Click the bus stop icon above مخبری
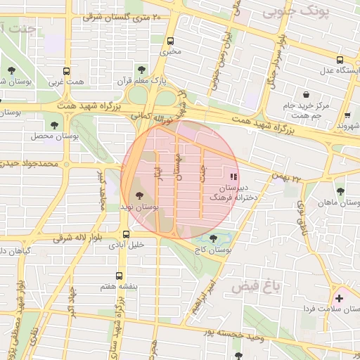click(x=172, y=40)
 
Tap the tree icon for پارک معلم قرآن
click(x=142, y=69)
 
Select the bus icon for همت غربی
click(x=67, y=71)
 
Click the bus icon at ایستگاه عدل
click(x=340, y=60)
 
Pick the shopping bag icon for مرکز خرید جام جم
click(x=307, y=94)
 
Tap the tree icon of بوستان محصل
click(x=54, y=124)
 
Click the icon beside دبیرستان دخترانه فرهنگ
click(x=233, y=176)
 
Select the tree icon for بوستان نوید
click(x=137, y=195)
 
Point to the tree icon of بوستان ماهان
click(x=340, y=191)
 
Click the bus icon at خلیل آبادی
click(x=126, y=234)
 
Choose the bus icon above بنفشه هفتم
click(x=118, y=276)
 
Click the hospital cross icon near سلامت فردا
click(x=340, y=298)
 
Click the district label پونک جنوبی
click(x=289, y=12)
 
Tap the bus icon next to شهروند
click(x=346, y=112)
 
